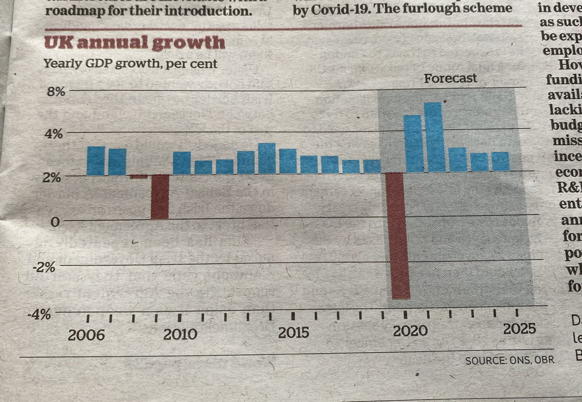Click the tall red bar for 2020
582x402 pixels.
398,235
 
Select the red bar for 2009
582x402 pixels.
160,197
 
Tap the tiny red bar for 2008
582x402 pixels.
139,177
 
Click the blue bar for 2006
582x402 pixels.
96,161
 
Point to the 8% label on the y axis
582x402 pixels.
56,91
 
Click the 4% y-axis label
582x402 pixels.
54,134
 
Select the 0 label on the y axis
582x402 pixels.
55,222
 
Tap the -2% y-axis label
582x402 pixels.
44,267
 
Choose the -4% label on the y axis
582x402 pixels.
39,314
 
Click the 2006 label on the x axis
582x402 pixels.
86,335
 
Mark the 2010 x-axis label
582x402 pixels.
180,334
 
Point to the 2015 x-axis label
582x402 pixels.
294,333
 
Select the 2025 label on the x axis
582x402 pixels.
519,329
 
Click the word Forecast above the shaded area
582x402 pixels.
450,78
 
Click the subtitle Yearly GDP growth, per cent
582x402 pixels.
130,64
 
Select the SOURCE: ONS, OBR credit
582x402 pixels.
510,360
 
